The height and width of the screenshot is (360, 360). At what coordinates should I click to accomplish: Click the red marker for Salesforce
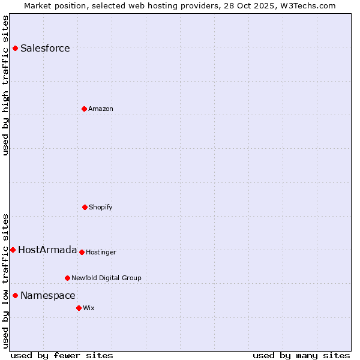pos(15,48)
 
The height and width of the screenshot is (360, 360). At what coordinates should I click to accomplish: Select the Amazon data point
pos(84,109)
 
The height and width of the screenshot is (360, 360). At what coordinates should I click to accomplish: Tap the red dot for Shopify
pos(85,207)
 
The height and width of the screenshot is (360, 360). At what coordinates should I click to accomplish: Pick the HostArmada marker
pos(13,250)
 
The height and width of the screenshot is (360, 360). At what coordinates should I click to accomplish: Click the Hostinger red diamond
pos(82,252)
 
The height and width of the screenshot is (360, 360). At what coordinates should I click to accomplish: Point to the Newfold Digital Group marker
pos(67,278)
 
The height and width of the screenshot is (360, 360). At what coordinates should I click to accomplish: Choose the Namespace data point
pos(15,295)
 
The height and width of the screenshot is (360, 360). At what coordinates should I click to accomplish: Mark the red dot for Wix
pos(79,308)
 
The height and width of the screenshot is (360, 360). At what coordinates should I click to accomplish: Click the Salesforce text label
pos(45,48)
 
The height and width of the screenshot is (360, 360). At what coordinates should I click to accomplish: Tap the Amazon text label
pos(101,109)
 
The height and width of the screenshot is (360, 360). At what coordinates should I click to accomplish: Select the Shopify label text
pos(101,207)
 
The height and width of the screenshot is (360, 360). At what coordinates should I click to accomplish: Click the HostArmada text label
pos(47,250)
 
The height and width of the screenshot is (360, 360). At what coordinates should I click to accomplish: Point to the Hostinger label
pos(101,252)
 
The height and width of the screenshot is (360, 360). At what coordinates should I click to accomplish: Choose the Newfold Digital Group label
pos(106,278)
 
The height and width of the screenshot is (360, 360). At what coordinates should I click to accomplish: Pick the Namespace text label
pos(48,295)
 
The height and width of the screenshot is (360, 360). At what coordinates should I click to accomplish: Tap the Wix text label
pos(89,308)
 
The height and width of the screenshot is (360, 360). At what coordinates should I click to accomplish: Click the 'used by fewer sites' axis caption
pos(62,355)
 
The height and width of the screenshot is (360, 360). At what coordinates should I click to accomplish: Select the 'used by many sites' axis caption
pos(301,355)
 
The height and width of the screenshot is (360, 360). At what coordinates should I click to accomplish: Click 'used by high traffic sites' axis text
pos(5,86)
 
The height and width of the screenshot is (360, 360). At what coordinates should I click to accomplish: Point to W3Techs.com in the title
pos(307,5)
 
